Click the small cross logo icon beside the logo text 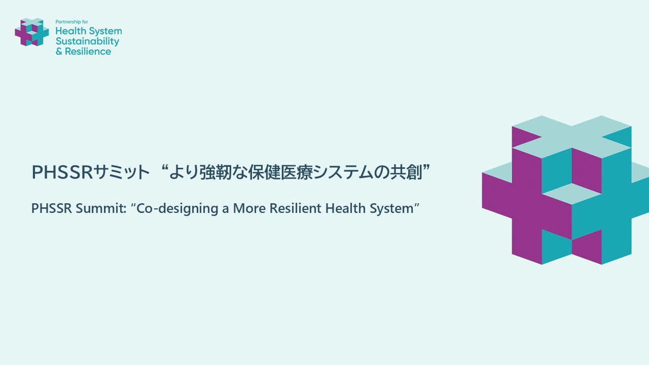(32, 32)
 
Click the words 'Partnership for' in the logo (72, 22)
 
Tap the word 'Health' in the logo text (71, 31)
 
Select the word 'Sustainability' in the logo (88, 42)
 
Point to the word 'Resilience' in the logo (88, 51)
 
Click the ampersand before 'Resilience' (59, 52)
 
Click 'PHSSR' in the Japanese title (62, 172)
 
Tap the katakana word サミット (121, 172)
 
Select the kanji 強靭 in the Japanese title (215, 172)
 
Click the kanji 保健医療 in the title (280, 172)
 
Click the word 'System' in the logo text (105, 31)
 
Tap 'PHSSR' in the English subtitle (51, 208)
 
